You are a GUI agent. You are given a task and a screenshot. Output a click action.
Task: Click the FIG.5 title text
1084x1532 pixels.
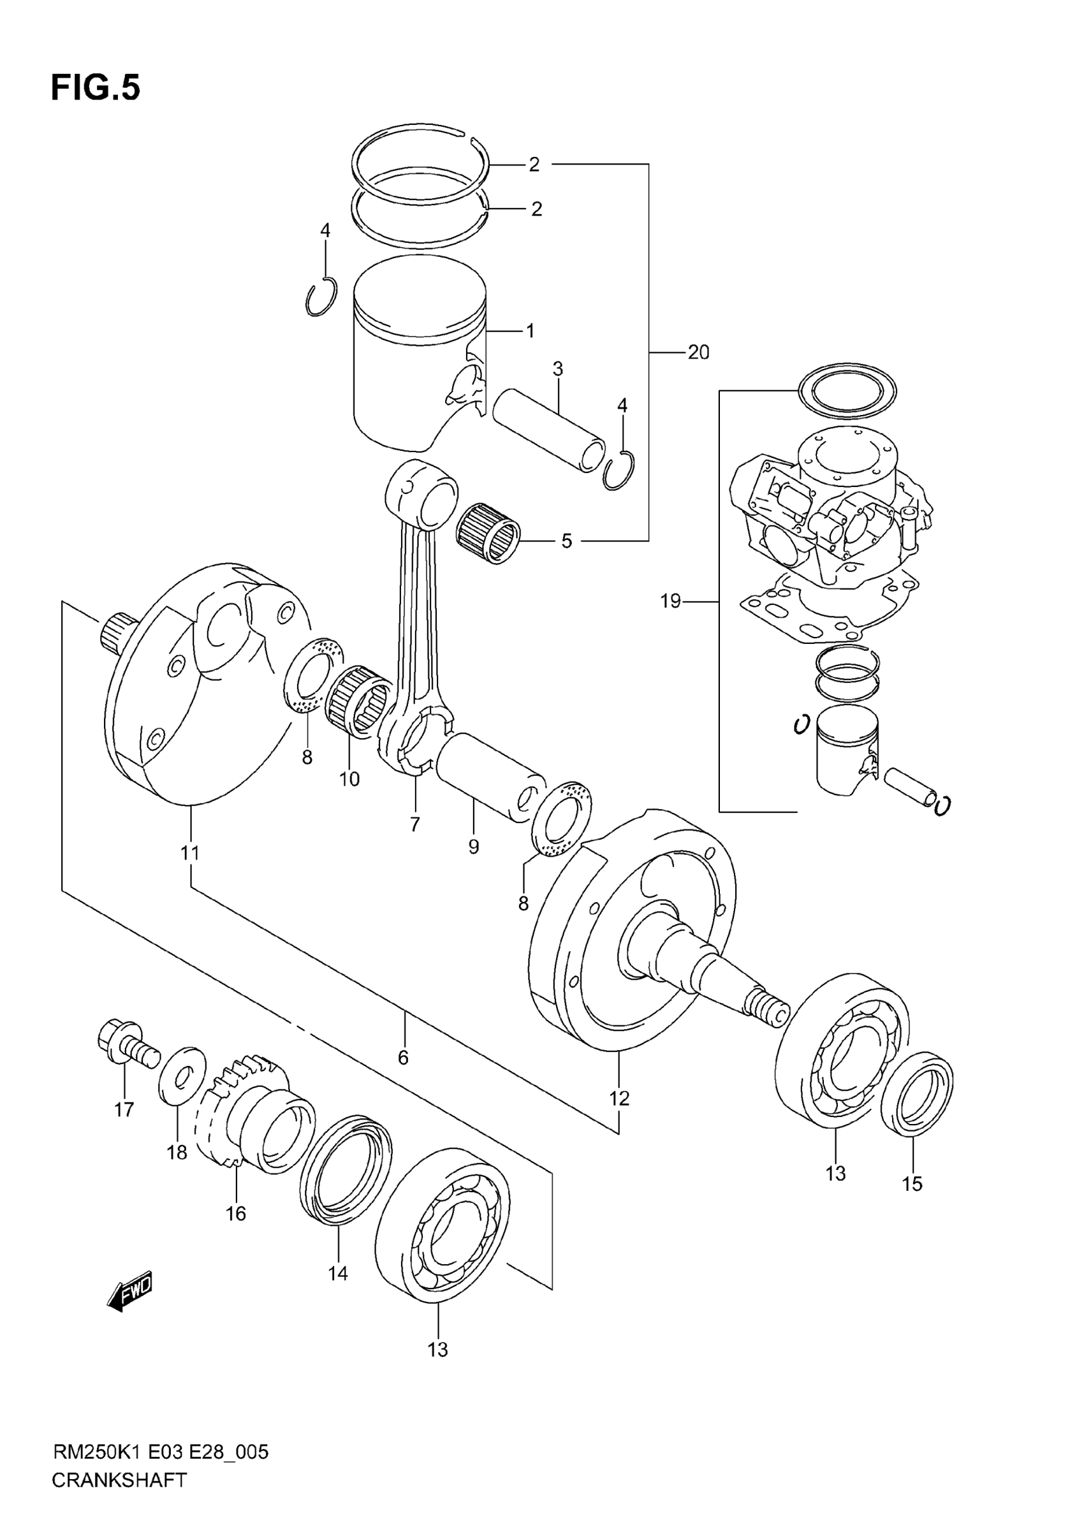(x=96, y=88)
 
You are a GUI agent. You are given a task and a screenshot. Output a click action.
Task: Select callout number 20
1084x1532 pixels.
(x=698, y=352)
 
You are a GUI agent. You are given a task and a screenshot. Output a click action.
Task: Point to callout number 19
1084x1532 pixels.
(x=670, y=601)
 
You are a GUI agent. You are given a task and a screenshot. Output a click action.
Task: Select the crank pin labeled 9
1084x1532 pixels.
(x=490, y=776)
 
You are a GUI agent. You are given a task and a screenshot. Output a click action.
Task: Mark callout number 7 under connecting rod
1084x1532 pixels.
(x=415, y=825)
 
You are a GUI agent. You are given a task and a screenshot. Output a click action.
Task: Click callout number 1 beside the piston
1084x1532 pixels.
(x=530, y=330)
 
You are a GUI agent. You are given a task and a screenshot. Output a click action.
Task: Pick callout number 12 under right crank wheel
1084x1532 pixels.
(x=619, y=1098)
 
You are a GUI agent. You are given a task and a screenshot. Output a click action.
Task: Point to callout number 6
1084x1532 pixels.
(x=403, y=1057)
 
